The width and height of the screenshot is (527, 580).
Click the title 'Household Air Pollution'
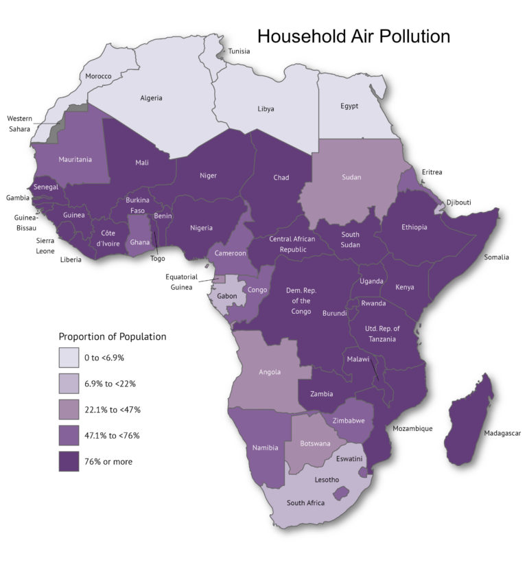(x=353, y=36)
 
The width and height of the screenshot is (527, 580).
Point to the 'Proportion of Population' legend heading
(x=113, y=336)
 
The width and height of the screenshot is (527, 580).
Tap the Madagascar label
(x=502, y=433)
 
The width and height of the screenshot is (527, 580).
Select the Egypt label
(x=350, y=106)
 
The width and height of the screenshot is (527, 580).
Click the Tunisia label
(x=239, y=51)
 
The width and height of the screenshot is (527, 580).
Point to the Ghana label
(x=139, y=242)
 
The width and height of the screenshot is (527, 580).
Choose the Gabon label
(x=227, y=296)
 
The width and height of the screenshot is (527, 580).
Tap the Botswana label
(x=315, y=443)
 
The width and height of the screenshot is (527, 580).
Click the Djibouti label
(x=459, y=202)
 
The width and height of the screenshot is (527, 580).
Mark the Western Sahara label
(x=19, y=124)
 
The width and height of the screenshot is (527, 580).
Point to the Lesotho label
(x=327, y=479)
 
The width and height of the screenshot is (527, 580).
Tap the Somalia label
(x=496, y=257)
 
